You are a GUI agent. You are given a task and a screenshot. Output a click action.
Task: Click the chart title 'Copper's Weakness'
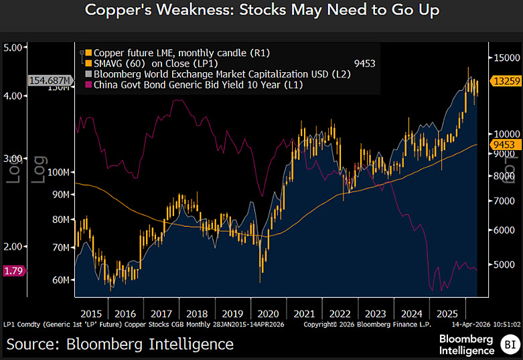[261, 11]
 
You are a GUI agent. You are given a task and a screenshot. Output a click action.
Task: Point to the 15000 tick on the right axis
[505, 58]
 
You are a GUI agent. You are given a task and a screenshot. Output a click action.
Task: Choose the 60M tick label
[60, 280]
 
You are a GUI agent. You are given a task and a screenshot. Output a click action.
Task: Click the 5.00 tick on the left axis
[15, 48]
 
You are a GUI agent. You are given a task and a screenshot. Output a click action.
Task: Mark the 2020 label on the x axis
[267, 312]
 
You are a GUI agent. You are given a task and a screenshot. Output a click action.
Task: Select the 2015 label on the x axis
[90, 312]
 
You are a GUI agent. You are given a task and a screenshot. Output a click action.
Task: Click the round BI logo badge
[509, 344]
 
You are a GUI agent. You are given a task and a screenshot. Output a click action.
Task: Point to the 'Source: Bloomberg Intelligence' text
[121, 344]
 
